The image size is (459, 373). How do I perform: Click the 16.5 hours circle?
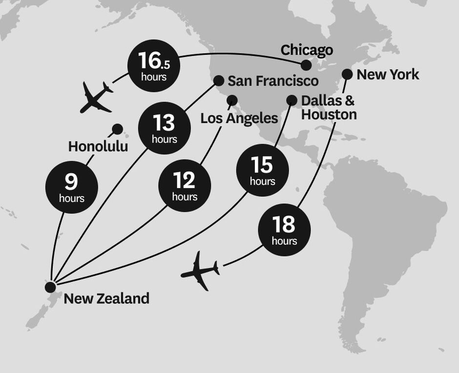click(153, 66)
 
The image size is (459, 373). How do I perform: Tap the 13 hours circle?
click(164, 127)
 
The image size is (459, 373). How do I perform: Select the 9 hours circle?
click(71, 187)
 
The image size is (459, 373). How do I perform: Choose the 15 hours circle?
click(262, 169)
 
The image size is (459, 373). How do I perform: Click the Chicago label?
click(307, 50)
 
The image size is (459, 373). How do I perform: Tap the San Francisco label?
click(273, 81)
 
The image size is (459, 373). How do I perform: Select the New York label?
click(388, 75)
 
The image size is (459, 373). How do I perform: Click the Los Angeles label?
click(239, 118)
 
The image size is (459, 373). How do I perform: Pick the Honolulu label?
click(98, 146)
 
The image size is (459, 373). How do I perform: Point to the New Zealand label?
click(106, 298)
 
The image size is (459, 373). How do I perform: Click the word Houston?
click(329, 115)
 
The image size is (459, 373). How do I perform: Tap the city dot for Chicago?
click(306, 65)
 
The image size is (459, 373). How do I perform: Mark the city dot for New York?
click(347, 74)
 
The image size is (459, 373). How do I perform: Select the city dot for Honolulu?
click(117, 129)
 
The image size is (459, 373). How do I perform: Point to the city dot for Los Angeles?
click(232, 101)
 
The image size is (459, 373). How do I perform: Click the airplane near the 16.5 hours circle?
click(96, 97)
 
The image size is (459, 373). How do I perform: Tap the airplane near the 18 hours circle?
click(200, 271)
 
